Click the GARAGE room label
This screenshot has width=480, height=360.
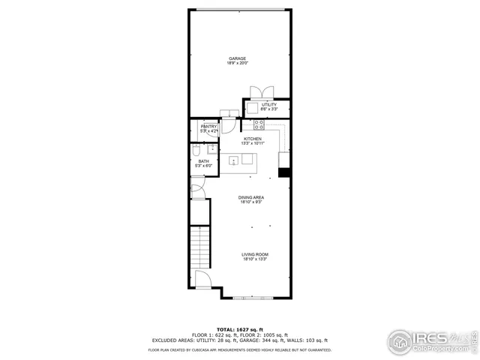237,58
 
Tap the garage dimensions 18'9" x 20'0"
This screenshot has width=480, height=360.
237,64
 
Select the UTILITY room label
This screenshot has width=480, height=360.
268,105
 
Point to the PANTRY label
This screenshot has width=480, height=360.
198,127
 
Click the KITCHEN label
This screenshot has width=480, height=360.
252,139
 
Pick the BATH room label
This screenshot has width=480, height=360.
203,161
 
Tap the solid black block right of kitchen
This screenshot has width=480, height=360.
284,172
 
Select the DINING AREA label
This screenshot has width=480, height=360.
252,198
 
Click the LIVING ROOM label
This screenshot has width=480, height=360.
255,255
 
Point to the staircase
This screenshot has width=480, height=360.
200,247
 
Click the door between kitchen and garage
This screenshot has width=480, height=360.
227,114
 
